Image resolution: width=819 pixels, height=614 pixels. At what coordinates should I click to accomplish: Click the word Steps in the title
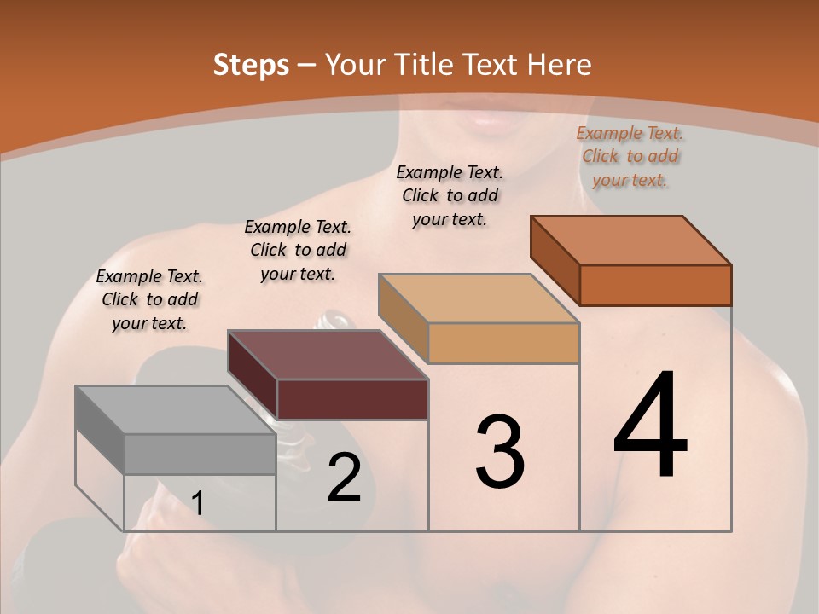tap(251, 65)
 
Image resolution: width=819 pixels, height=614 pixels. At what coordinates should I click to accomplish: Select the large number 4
tap(650, 426)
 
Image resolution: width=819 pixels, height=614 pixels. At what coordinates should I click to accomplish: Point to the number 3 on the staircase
tap(499, 452)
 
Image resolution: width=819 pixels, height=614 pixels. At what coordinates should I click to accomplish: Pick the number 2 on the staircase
tap(344, 478)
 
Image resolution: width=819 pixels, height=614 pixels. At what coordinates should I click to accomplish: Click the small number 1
tap(197, 504)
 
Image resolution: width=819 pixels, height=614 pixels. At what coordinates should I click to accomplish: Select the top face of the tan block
tap(479, 298)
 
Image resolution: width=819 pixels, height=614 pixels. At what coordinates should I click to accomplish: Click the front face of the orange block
tap(655, 285)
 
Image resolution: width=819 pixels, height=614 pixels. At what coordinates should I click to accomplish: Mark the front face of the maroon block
tap(352, 399)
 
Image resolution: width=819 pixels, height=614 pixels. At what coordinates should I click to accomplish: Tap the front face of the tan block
tap(503, 343)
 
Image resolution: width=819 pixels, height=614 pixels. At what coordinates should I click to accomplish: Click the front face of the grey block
tap(200, 454)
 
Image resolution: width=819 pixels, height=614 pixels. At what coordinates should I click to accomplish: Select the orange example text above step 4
tap(630, 156)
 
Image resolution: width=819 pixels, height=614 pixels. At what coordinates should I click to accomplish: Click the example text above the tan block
tap(450, 195)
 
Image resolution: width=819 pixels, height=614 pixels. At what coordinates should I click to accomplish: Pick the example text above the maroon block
tap(298, 250)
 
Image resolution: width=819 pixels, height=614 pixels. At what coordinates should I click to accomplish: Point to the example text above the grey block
tap(149, 299)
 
